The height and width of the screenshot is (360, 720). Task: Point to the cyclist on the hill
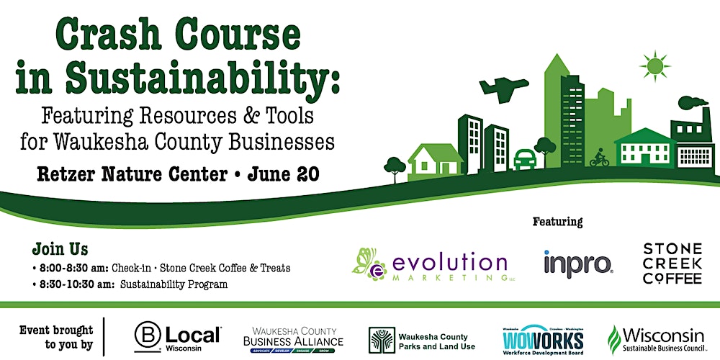[x=599, y=158]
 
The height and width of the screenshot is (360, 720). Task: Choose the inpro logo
[x=577, y=264]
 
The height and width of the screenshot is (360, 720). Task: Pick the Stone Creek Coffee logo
[x=672, y=264]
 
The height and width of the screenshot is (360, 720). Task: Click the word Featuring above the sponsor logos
[x=557, y=221]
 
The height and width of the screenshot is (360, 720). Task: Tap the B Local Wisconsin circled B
[x=148, y=336]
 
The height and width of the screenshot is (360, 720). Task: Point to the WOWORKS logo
[x=542, y=338]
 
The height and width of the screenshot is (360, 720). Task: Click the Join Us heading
[x=60, y=250]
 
